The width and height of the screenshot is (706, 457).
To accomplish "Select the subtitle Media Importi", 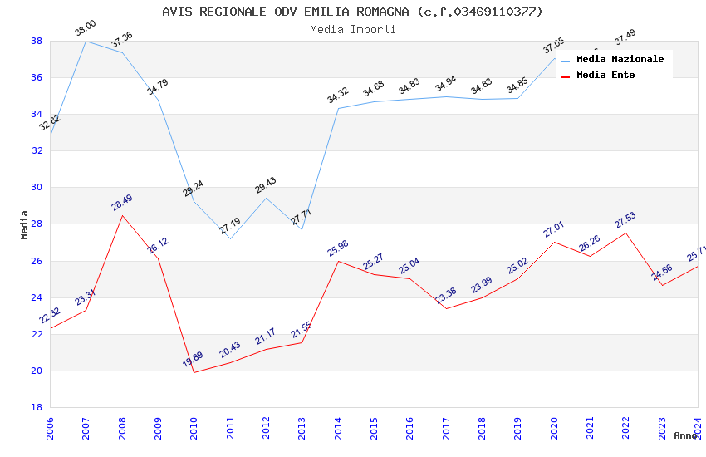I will tap(352, 29).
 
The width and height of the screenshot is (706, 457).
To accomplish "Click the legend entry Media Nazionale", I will tap(620, 60).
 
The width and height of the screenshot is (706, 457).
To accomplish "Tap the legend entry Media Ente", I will tap(605, 75).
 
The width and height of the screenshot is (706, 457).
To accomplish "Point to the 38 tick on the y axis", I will tap(37, 41).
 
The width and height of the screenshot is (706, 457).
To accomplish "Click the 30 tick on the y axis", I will tap(37, 188).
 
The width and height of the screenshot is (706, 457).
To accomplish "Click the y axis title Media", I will tap(25, 224).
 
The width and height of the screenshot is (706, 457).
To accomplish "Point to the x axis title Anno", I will tap(685, 435).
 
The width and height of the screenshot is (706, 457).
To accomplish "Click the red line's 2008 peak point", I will tap(123, 215).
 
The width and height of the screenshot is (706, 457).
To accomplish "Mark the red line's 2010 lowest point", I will tap(194, 372).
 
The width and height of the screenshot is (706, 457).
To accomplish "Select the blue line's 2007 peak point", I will tap(86, 41).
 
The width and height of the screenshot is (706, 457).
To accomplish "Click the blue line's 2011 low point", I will tap(230, 238).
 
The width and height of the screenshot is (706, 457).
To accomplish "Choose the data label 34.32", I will tap(338, 96).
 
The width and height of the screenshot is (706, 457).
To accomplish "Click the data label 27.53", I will tap(625, 220).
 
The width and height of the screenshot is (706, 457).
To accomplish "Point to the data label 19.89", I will tap(193, 360).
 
